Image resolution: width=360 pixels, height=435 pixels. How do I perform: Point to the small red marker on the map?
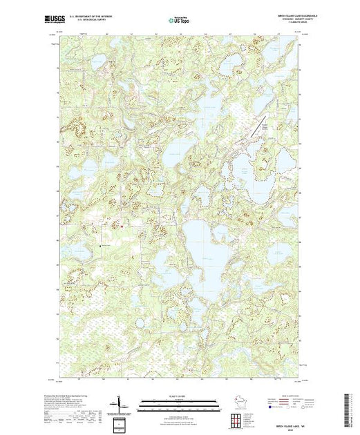(x=122, y=226)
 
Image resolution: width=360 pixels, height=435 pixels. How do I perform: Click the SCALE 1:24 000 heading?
(x=179, y=396)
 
